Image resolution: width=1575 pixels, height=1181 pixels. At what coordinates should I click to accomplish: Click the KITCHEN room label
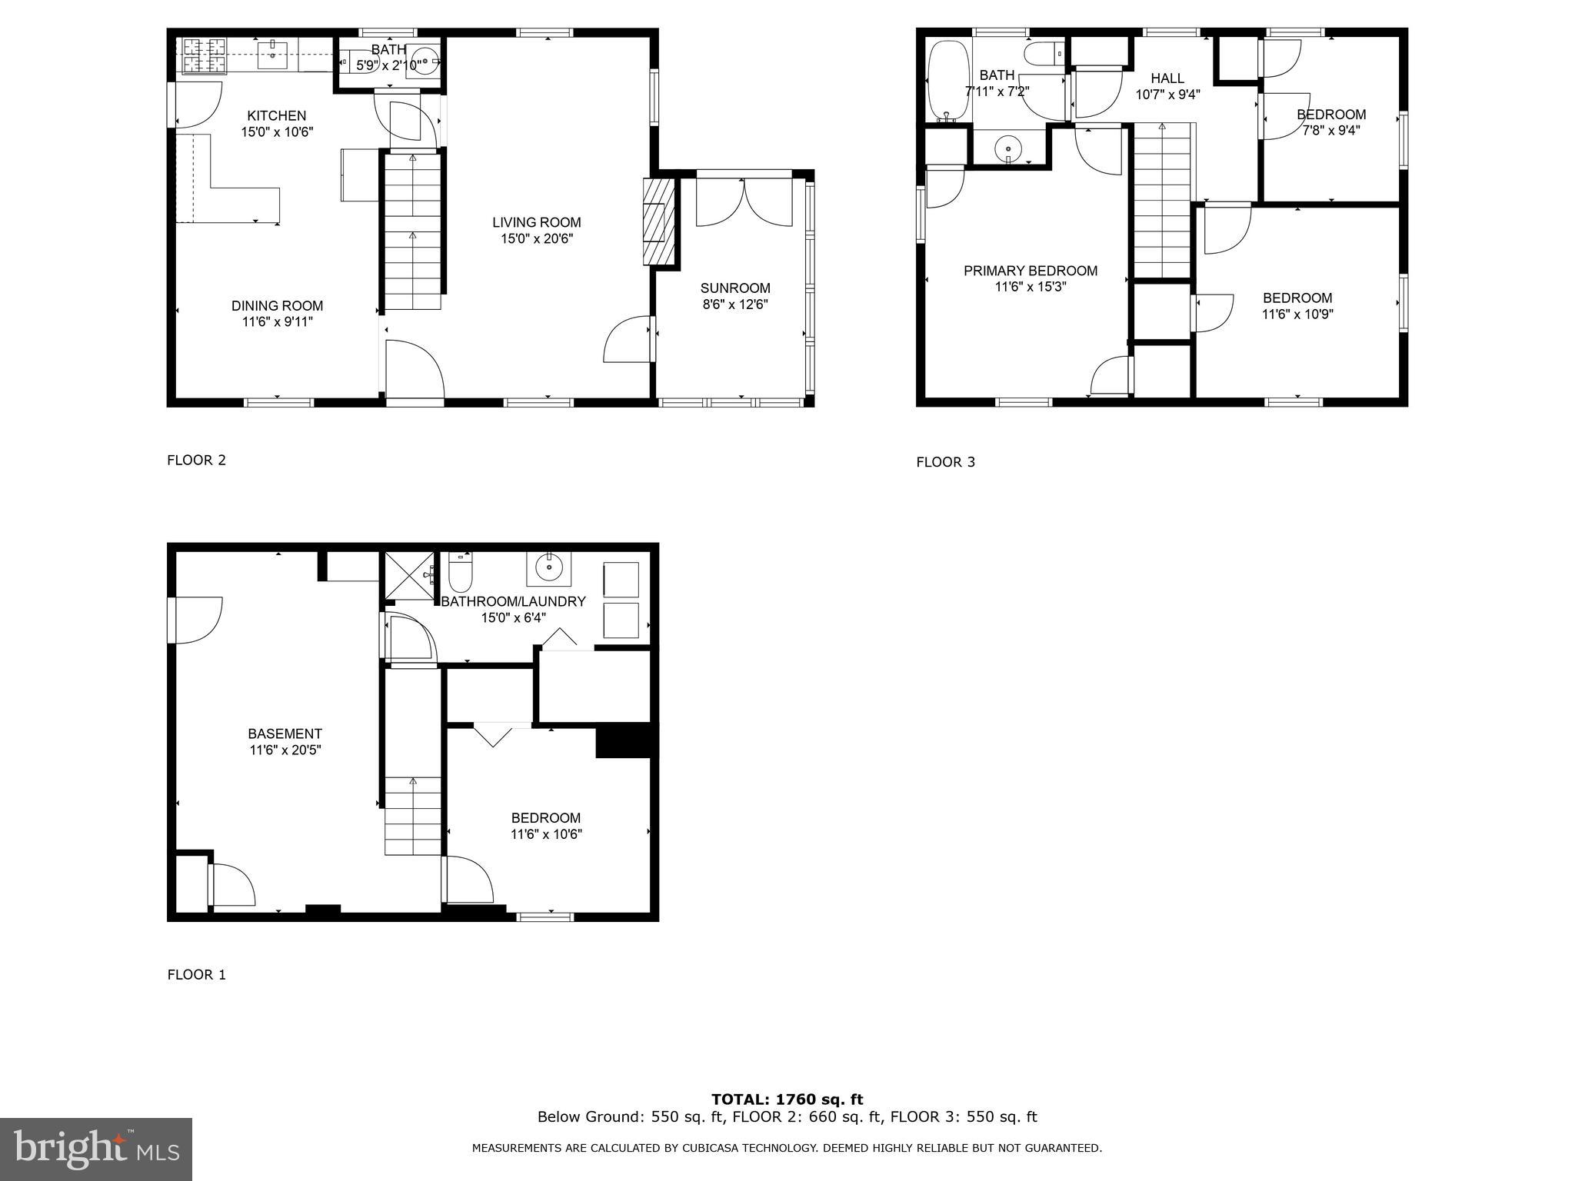[x=277, y=116]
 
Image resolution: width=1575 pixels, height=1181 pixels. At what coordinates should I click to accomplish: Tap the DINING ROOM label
[x=277, y=306]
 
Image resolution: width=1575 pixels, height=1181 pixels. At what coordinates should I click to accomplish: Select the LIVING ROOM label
[x=537, y=223]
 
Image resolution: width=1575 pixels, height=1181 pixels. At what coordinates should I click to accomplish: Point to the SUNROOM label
[x=735, y=288]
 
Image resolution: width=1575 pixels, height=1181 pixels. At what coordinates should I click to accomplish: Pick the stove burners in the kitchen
[x=204, y=56]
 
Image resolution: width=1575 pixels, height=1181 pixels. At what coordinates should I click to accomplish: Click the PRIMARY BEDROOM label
[x=1031, y=271]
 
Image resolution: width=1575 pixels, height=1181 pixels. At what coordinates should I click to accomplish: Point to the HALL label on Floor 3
[x=1167, y=78]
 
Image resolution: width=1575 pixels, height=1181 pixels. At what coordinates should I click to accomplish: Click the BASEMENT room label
[x=285, y=734]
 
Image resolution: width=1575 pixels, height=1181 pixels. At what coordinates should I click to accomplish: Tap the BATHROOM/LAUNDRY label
[x=513, y=602]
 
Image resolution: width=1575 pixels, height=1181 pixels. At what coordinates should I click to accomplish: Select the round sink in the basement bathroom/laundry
[x=549, y=568]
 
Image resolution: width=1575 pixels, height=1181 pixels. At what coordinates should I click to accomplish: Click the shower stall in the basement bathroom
[x=411, y=575]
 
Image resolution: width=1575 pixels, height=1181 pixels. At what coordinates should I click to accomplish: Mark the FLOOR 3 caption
[x=946, y=462]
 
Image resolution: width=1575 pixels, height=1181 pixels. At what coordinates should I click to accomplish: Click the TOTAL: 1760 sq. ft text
[x=787, y=1099]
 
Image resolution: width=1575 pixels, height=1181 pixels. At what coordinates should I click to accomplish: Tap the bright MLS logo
[x=96, y=1149]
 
